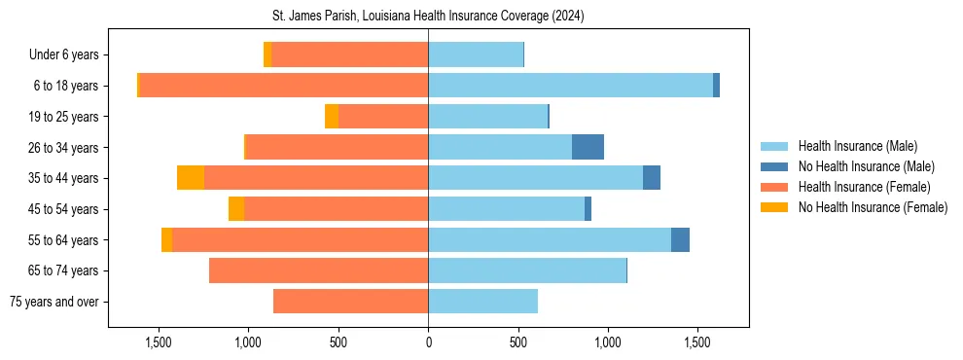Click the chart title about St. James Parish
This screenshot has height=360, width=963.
pos(428,17)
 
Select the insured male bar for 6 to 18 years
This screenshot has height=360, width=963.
pos(570,86)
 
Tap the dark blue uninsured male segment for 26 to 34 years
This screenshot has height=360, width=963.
pos(588,147)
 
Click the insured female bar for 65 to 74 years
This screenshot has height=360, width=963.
pos(318,270)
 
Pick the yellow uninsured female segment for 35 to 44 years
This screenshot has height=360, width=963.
pos(191,178)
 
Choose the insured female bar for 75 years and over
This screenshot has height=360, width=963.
pos(350,302)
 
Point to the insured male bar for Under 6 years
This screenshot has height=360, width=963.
pos(476,54)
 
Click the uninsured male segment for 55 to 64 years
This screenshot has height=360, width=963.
pos(680,239)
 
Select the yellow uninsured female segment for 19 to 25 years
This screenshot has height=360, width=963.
pos(332,117)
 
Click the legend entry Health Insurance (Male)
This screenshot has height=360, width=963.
pos(857,146)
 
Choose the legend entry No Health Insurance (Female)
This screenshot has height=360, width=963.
pos(873,207)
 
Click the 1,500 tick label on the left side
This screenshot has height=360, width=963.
pos(159,342)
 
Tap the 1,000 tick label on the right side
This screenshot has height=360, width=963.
pos(608,342)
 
